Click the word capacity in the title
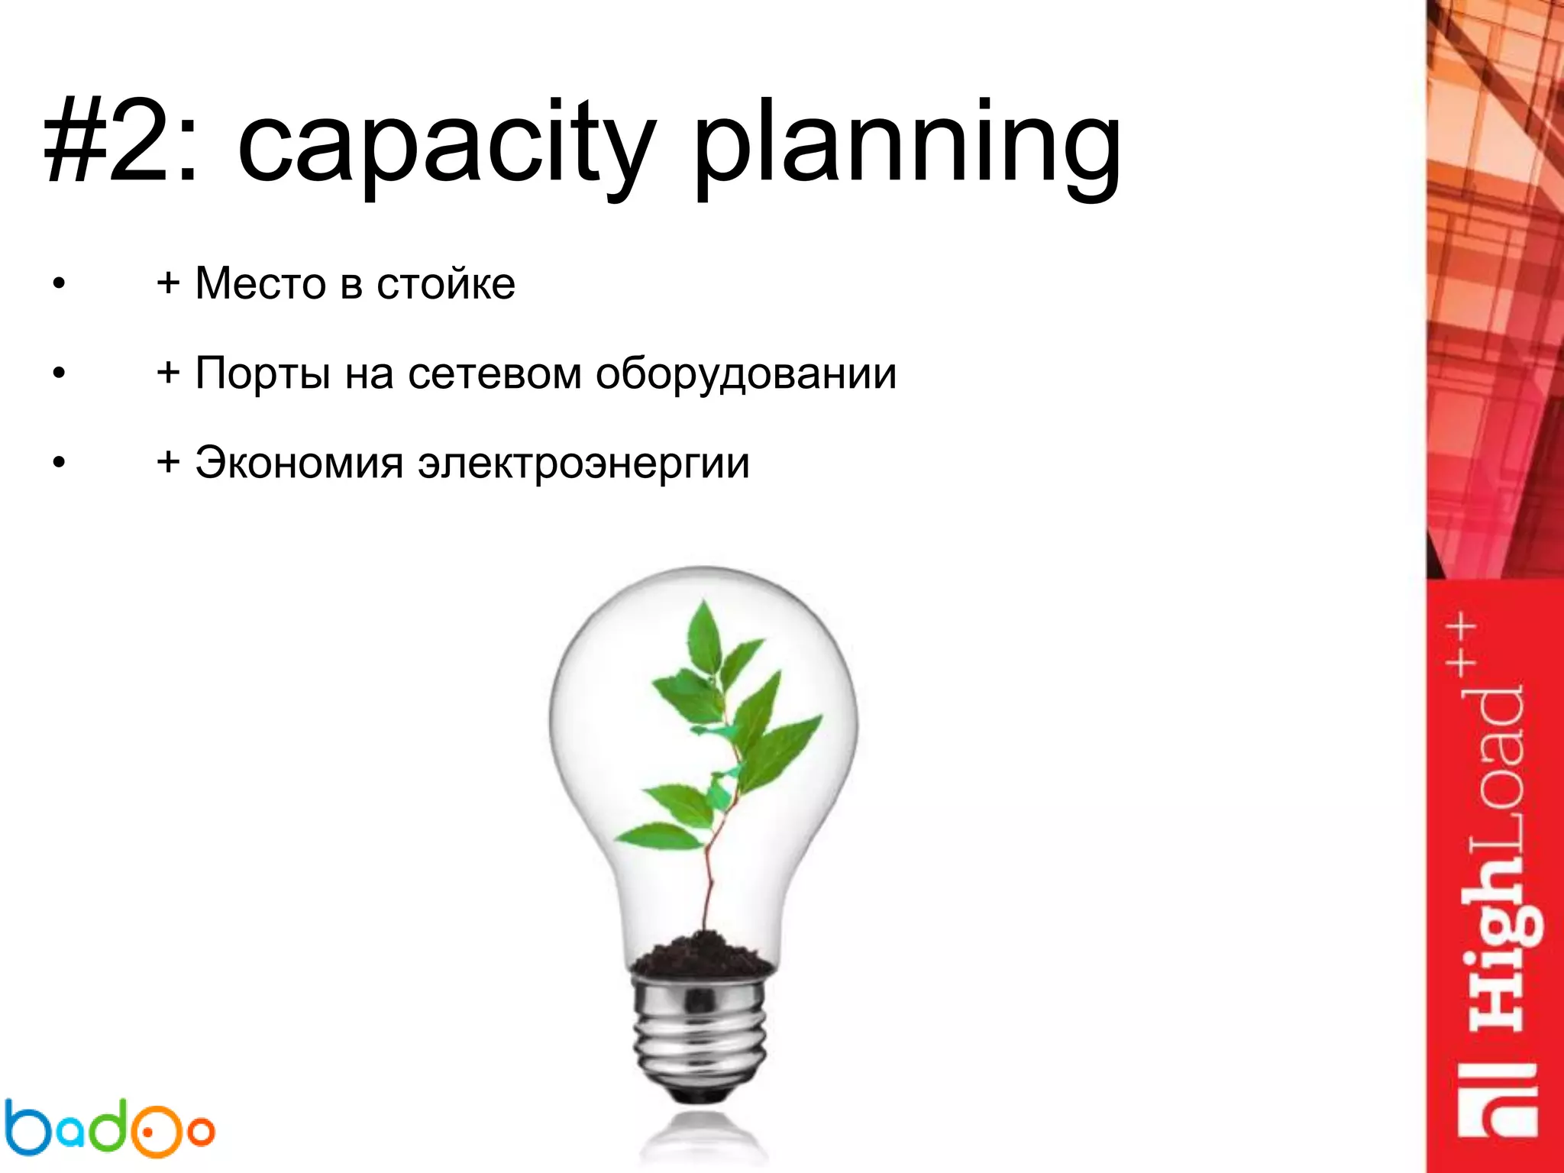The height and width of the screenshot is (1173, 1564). (x=447, y=145)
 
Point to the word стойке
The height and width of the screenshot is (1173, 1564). (x=446, y=284)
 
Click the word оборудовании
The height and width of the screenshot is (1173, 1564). (x=745, y=374)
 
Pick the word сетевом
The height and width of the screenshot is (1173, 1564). (x=495, y=374)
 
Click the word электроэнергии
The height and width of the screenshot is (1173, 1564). (x=583, y=464)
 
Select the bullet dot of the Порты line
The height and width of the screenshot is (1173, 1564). (x=59, y=374)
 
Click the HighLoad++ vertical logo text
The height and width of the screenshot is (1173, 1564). (x=1493, y=825)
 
